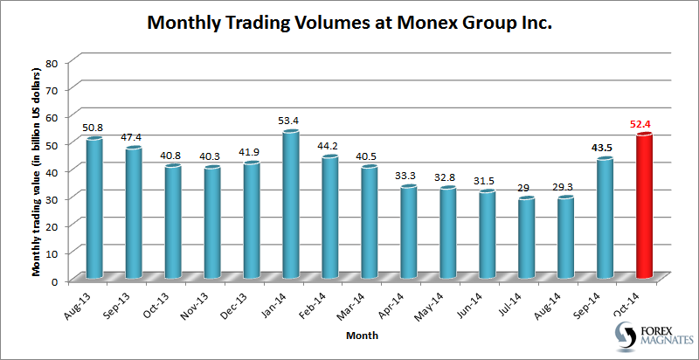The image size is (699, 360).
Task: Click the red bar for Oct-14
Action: (x=645, y=207)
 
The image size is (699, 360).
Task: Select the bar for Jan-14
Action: (x=290, y=205)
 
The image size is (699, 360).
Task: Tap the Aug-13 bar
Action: (x=93, y=209)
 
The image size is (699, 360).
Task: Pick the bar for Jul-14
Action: (x=526, y=239)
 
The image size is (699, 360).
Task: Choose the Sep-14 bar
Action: (x=605, y=218)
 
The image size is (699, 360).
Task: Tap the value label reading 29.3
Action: (x=565, y=185)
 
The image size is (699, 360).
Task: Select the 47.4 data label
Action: (x=133, y=135)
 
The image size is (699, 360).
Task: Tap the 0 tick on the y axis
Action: (x=54, y=280)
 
